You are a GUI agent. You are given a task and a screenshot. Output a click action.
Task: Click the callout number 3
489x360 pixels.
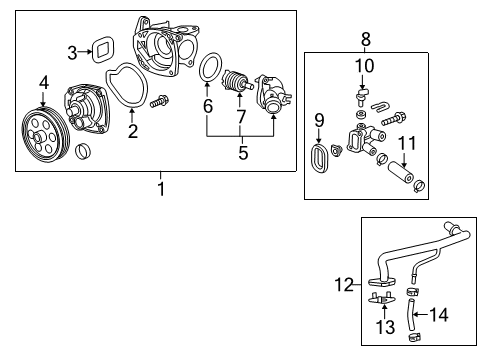pyautogui.click(x=72, y=53)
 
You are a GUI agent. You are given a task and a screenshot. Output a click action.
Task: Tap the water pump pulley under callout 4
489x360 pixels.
pyautogui.click(x=46, y=135)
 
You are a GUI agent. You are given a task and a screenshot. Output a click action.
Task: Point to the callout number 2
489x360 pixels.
pyautogui.click(x=133, y=131)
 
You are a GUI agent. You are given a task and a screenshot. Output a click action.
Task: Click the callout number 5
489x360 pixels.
pyautogui.click(x=243, y=153)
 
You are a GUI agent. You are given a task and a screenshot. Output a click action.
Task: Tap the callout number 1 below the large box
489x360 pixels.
pyautogui.click(x=161, y=189)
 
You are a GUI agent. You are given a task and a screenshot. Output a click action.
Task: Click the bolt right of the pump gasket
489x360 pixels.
pyautogui.click(x=159, y=101)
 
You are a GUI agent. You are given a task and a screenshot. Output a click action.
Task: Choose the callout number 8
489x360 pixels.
pyautogui.click(x=366, y=39)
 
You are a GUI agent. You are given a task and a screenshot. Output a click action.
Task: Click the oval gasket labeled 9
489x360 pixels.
pyautogui.click(x=314, y=158)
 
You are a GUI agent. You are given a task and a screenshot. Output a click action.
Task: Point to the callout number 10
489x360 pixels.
pyautogui.click(x=364, y=66)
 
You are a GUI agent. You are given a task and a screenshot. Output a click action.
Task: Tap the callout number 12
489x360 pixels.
pyautogui.click(x=344, y=285)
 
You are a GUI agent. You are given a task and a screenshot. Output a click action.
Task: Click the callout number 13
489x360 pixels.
pyautogui.click(x=385, y=327)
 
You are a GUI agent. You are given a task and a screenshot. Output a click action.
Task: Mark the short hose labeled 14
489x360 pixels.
pyautogui.click(x=410, y=314)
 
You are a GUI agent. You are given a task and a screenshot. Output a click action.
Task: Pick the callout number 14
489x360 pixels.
pyautogui.click(x=439, y=315)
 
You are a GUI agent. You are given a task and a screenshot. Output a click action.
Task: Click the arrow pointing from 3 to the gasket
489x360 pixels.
pyautogui.click(x=84, y=52)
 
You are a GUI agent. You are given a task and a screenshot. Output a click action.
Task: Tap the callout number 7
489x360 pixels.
pyautogui.click(x=241, y=116)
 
